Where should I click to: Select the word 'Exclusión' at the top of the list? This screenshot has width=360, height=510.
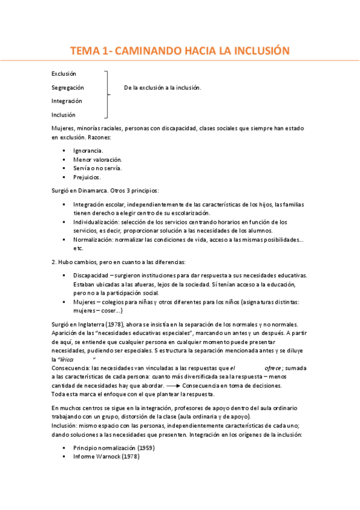(x=64, y=73)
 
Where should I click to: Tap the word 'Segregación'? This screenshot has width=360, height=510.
(x=67, y=87)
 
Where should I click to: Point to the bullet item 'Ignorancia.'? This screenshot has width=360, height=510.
(x=88, y=150)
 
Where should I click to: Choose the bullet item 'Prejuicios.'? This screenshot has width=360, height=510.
(x=87, y=177)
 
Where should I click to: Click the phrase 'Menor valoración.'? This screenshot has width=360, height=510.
(x=97, y=159)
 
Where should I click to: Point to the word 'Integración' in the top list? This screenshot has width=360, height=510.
(x=67, y=101)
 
